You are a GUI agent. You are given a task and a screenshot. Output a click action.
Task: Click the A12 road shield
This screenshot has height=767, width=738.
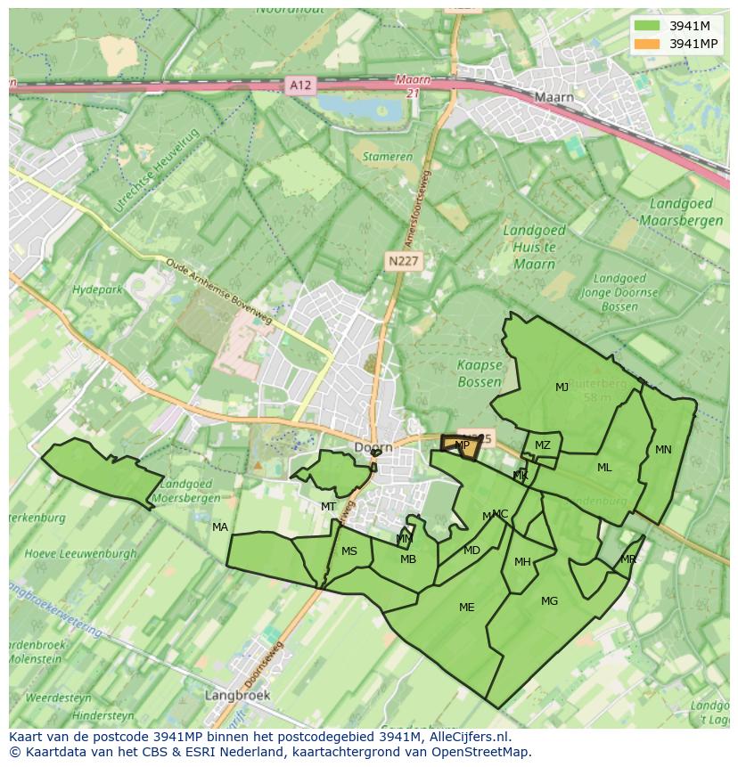pos(301,86)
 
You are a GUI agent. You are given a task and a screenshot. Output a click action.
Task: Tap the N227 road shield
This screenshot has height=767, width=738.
pos(405,261)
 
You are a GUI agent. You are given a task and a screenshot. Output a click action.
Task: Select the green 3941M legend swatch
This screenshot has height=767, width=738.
pos(648,26)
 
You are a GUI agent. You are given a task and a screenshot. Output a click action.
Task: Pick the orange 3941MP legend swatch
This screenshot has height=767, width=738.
pos(648,44)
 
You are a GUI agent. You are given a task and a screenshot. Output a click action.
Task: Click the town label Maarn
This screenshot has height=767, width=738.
pos(553,97)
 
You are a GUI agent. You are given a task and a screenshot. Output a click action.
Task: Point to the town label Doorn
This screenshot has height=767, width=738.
pos(373,448)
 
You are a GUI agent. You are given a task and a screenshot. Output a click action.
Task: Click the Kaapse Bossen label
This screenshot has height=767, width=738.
pos(480,373)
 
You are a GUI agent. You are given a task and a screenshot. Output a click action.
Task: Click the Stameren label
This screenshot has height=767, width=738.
pos(388,157)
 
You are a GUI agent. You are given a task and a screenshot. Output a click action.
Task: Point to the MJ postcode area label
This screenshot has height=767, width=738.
pos(562,388)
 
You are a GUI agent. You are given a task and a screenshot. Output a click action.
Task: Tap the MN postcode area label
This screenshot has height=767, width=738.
pos(663,450)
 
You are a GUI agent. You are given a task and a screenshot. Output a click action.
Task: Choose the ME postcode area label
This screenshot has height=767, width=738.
pos(466,608)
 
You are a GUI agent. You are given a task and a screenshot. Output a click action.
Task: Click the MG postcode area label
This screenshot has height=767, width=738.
pos(549,601)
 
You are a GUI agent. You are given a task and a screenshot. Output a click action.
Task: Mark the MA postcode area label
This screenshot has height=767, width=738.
pos(220,527)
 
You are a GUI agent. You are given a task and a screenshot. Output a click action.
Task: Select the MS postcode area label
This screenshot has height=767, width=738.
pos(349,551)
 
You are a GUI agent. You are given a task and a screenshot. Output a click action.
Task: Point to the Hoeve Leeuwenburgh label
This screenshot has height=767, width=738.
pos(81,553)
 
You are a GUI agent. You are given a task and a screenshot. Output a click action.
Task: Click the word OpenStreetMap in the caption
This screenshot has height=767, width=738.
pos(482,752)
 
